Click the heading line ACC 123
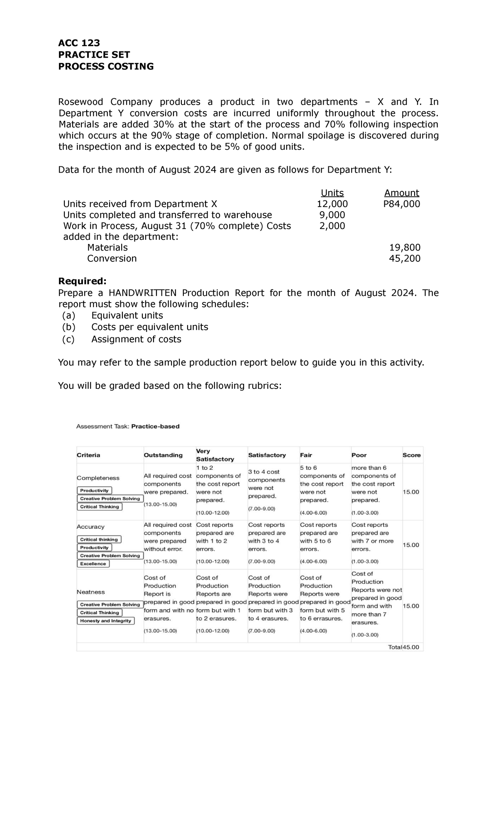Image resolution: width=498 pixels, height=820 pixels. [x=79, y=43]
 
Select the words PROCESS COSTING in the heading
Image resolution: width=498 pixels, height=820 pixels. [x=106, y=66]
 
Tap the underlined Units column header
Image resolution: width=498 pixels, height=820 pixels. [x=332, y=193]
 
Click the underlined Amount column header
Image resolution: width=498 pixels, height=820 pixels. [x=401, y=193]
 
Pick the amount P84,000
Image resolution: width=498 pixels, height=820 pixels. [x=401, y=204]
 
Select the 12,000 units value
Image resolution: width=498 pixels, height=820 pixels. [x=332, y=204]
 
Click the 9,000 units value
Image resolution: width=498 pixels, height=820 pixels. [x=332, y=215]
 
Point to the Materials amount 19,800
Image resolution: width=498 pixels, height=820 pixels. [x=405, y=248]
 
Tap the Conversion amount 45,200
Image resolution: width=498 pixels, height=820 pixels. [x=405, y=259]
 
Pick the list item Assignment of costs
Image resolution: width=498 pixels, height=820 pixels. [x=136, y=339]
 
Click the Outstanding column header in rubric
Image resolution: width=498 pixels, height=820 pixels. [x=163, y=455]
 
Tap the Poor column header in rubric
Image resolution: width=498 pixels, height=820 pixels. [x=359, y=455]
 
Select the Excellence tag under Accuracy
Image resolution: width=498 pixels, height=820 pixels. [x=93, y=564]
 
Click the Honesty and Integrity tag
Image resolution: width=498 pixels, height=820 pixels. [x=105, y=621]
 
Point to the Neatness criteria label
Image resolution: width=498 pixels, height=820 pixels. [x=90, y=592]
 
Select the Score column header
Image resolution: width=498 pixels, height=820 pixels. [x=411, y=455]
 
